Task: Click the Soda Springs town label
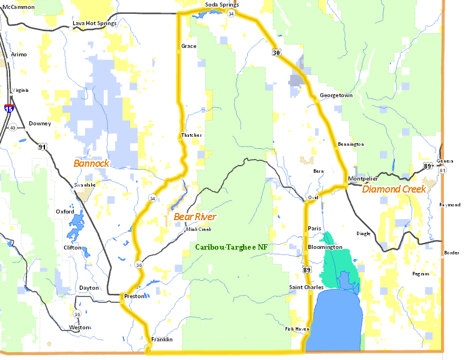[x=221, y=5]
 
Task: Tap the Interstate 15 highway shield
[x=9, y=109]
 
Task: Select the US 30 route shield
[x=276, y=53]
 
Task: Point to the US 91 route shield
[x=42, y=146]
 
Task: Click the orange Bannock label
[x=91, y=163]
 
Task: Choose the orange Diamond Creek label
[x=394, y=188]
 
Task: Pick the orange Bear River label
[x=195, y=216]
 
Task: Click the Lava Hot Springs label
[x=94, y=23]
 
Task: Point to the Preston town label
[x=134, y=296]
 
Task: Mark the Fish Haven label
[x=297, y=329]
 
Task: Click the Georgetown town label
[x=336, y=95]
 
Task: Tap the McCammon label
[x=19, y=7]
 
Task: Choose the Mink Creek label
[x=199, y=229]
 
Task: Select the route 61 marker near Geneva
[x=442, y=170]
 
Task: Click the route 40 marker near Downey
[x=13, y=127]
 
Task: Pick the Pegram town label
[x=421, y=274]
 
